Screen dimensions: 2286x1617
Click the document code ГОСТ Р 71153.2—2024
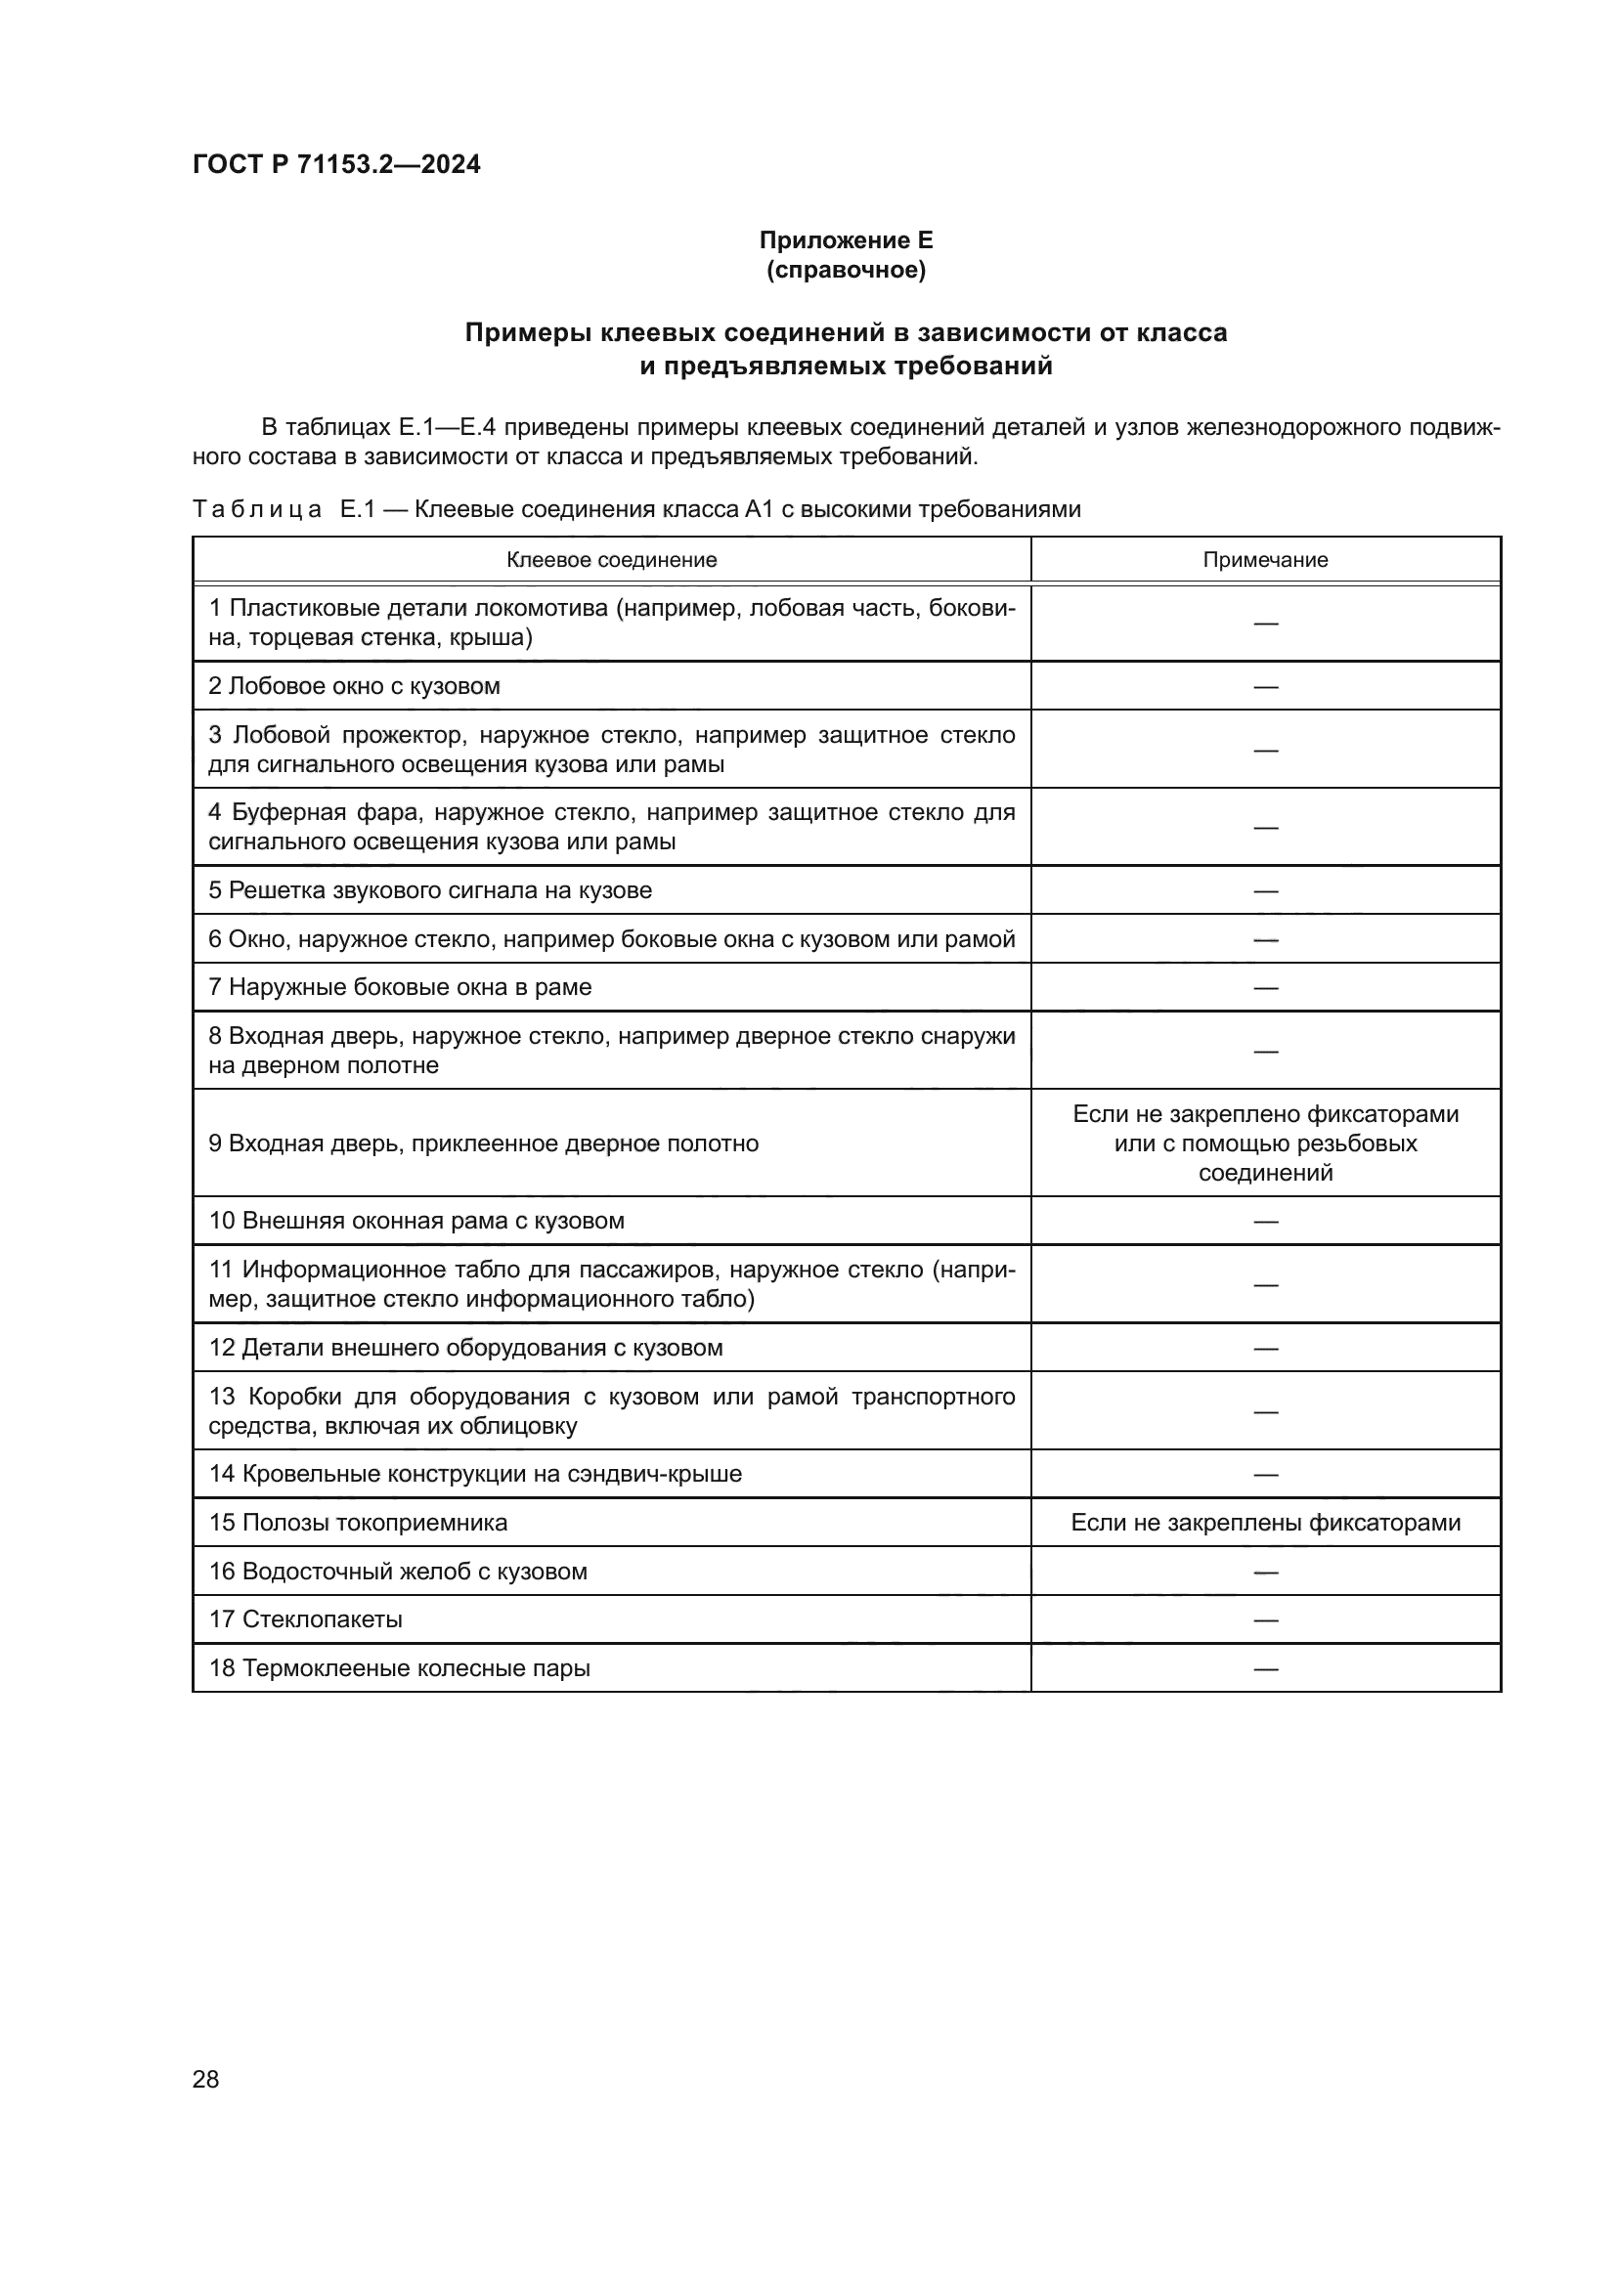coord(335,164)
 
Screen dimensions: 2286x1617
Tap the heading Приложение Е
coord(846,240)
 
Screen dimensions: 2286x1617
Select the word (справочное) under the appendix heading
coord(846,270)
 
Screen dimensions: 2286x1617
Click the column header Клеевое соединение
coord(611,560)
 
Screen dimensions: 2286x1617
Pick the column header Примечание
coord(1264,560)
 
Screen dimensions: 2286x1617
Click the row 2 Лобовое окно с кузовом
coord(355,686)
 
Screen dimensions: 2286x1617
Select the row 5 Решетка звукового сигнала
coord(430,890)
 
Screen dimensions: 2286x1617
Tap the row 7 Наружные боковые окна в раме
coord(400,987)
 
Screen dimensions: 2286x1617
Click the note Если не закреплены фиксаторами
coord(1264,1523)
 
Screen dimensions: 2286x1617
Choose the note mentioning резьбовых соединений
coord(1264,1143)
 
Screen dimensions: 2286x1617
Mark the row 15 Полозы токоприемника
coord(359,1523)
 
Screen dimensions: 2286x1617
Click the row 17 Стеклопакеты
coord(306,1618)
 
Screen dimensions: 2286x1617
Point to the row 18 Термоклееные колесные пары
coord(400,1667)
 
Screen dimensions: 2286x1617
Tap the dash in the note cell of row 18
coord(1264,1668)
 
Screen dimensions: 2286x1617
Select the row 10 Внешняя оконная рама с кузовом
coord(416,1221)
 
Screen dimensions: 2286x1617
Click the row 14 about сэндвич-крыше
coord(475,1474)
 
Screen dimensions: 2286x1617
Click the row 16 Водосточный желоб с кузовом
coord(398,1572)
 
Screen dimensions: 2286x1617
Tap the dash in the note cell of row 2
coord(1264,687)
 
